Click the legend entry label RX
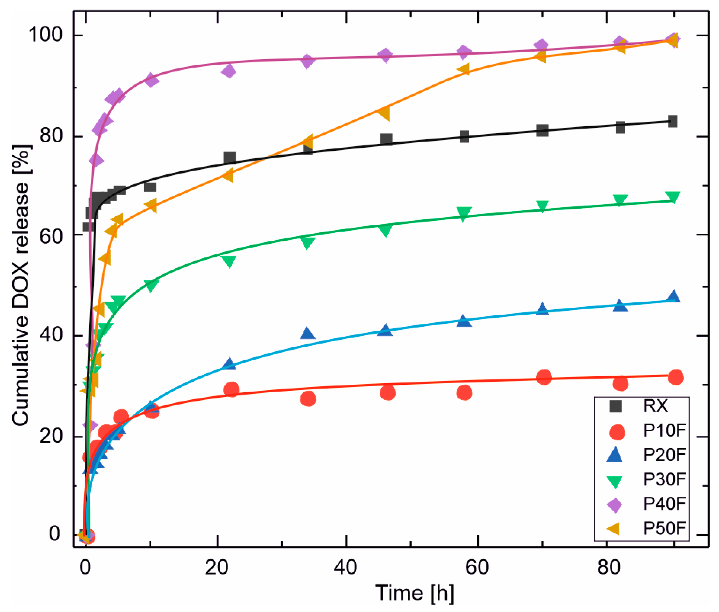655,406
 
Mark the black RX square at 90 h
672,122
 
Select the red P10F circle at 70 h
544,377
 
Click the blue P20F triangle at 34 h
307,334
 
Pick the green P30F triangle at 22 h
228,261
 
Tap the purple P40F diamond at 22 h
228,72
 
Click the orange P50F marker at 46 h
384,113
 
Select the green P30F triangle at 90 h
673,197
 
